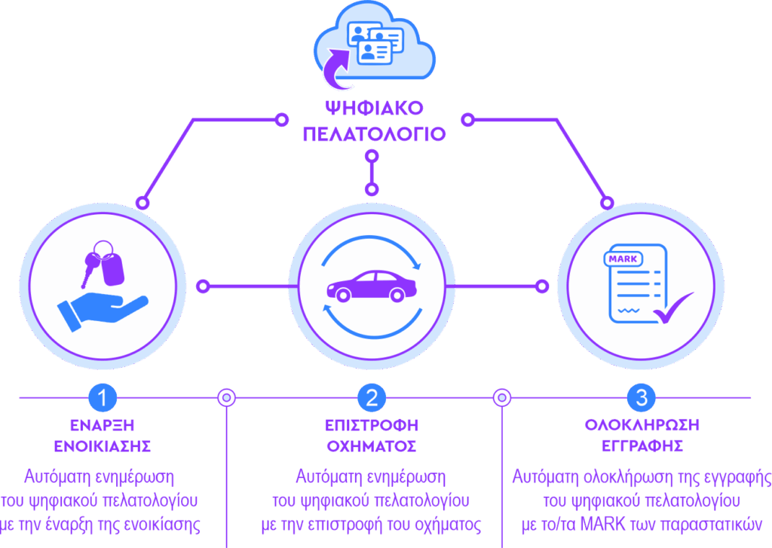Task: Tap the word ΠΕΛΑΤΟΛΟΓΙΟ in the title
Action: click(373, 134)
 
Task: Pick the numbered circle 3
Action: click(641, 397)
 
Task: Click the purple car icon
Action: click(372, 286)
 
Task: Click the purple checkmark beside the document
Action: click(672, 308)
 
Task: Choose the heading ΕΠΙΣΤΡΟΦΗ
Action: click(372, 425)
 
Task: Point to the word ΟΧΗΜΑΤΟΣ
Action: click(372, 445)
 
